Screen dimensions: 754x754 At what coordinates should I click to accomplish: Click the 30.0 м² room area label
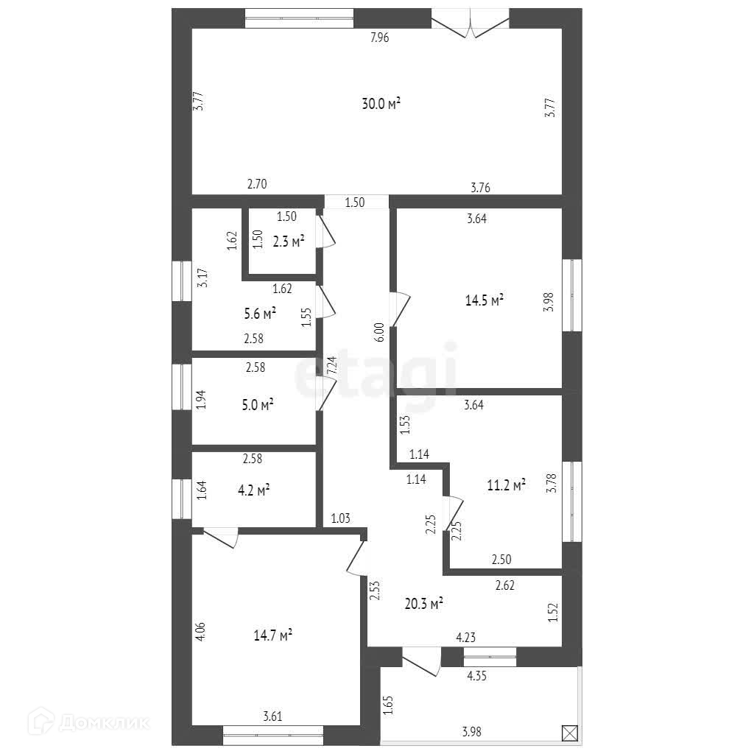click(x=381, y=105)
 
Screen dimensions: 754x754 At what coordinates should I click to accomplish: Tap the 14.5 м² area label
click(x=485, y=300)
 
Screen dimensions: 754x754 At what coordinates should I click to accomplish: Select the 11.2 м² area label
click(x=507, y=485)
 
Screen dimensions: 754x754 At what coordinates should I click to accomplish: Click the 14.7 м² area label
click(x=272, y=635)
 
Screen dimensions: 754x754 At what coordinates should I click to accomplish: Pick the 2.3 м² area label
click(x=289, y=241)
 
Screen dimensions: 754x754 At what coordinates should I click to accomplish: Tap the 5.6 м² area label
click(x=260, y=314)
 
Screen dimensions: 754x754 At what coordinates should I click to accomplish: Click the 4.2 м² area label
click(x=253, y=489)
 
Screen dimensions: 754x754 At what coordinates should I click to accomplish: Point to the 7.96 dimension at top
click(x=379, y=38)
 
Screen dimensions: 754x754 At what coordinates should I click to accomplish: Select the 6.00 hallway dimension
click(x=379, y=333)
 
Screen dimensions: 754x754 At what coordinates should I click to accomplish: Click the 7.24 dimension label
click(x=331, y=367)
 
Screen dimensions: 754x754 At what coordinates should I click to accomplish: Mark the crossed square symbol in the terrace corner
click(x=569, y=733)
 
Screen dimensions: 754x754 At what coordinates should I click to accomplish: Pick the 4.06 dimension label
click(x=202, y=633)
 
